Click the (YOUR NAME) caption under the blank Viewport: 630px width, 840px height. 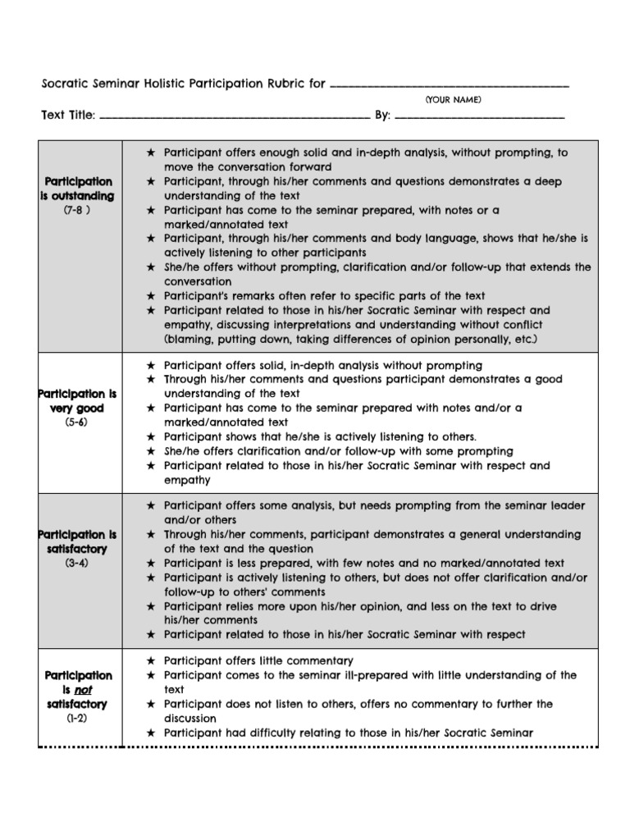(x=453, y=100)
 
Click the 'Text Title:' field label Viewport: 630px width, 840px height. (x=68, y=116)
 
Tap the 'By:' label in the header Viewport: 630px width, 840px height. (x=382, y=116)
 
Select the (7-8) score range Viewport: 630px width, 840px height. (x=79, y=211)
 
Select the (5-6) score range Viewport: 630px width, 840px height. (x=79, y=422)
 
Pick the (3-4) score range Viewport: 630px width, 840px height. (x=79, y=564)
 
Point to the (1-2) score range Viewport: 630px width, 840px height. (x=79, y=718)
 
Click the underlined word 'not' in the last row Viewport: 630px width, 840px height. (x=83, y=690)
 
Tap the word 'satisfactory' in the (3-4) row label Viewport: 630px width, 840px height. (x=79, y=549)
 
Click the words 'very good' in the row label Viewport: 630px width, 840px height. (x=79, y=408)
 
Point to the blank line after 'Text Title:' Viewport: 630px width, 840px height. (x=235, y=120)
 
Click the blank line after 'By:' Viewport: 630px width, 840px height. (x=480, y=120)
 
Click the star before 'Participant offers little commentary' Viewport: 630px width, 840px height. (x=150, y=660)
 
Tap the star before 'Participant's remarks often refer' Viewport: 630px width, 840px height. (x=150, y=296)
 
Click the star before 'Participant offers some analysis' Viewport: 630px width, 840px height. (x=150, y=506)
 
